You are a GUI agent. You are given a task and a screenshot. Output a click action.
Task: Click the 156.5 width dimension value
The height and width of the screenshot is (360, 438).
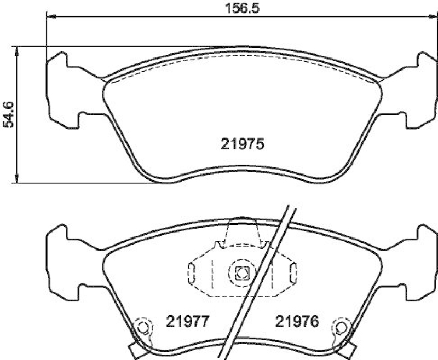[x=242, y=8]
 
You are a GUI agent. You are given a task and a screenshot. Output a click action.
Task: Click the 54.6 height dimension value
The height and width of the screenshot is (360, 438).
[x=8, y=114]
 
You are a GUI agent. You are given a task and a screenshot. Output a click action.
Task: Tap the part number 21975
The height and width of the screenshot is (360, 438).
[x=242, y=144]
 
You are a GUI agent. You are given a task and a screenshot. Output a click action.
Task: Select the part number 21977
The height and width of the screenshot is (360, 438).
[x=187, y=321]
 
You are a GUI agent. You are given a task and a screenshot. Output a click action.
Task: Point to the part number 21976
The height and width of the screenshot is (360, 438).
[x=297, y=321]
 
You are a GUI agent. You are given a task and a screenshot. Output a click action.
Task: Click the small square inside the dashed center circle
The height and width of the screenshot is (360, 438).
[x=241, y=272]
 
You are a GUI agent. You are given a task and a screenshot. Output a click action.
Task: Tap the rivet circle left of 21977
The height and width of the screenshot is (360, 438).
[x=143, y=327]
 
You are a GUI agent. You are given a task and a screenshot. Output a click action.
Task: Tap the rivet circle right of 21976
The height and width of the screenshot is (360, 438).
[x=341, y=327]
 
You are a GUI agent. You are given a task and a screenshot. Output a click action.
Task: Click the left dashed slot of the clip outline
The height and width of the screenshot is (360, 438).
[x=192, y=272]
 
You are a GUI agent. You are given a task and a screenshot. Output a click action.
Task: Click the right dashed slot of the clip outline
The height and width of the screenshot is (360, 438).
[x=293, y=272]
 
